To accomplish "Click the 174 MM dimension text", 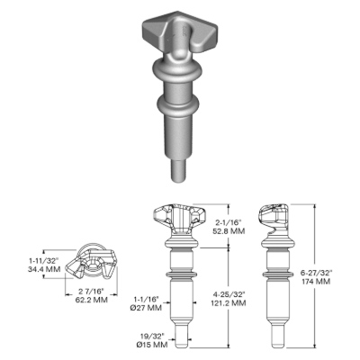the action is pyautogui.click(x=316, y=282).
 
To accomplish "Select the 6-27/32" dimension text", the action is pyautogui.click(x=317, y=273).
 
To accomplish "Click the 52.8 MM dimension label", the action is pyautogui.click(x=230, y=231).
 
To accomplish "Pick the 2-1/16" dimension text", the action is pyautogui.click(x=229, y=222).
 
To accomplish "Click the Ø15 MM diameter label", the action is pyautogui.click(x=152, y=345).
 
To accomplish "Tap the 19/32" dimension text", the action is pyautogui.click(x=153, y=337).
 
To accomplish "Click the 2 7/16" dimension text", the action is pyautogui.click(x=91, y=291).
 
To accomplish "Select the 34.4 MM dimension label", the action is pyautogui.click(x=44, y=269).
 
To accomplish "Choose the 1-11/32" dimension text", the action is pyautogui.click(x=43, y=260).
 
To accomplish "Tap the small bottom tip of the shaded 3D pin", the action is pyautogui.click(x=178, y=170).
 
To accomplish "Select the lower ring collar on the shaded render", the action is pyautogui.click(x=178, y=105).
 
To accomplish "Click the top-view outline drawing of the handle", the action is pyautogui.click(x=91, y=260).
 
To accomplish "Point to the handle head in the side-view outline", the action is pyautogui.click(x=273, y=219).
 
